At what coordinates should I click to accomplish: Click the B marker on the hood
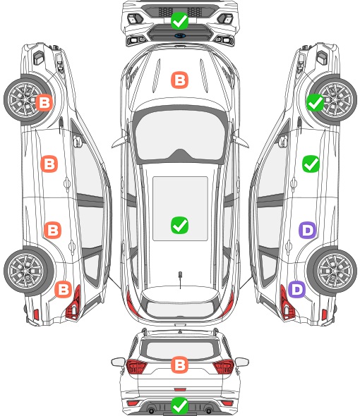pyautogui.click(x=179, y=80)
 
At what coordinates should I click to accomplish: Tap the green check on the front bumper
pyautogui.click(x=179, y=20)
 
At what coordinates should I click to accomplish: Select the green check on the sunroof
pyautogui.click(x=179, y=225)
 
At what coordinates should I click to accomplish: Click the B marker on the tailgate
pyautogui.click(x=179, y=365)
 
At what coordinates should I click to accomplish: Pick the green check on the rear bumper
pyautogui.click(x=179, y=405)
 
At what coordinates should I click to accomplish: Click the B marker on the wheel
pyautogui.click(x=44, y=102)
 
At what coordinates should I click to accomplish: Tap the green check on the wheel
pyautogui.click(x=316, y=102)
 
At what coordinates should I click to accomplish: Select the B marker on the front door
pyautogui.click(x=49, y=164)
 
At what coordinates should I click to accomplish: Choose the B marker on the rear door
pyautogui.click(x=53, y=230)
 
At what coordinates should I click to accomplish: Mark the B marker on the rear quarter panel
pyautogui.click(x=64, y=289)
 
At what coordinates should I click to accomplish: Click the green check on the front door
pyautogui.click(x=311, y=164)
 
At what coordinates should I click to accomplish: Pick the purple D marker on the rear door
pyautogui.click(x=308, y=230)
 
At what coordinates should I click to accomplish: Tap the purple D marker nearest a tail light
pyautogui.click(x=296, y=289)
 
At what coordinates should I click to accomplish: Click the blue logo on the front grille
pyautogui.click(x=180, y=35)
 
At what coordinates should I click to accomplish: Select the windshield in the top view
pyautogui.click(x=180, y=135)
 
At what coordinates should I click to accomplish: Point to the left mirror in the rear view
pyautogui.click(x=118, y=362)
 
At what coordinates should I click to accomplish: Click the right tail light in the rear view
pyautogui.click(x=223, y=367)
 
